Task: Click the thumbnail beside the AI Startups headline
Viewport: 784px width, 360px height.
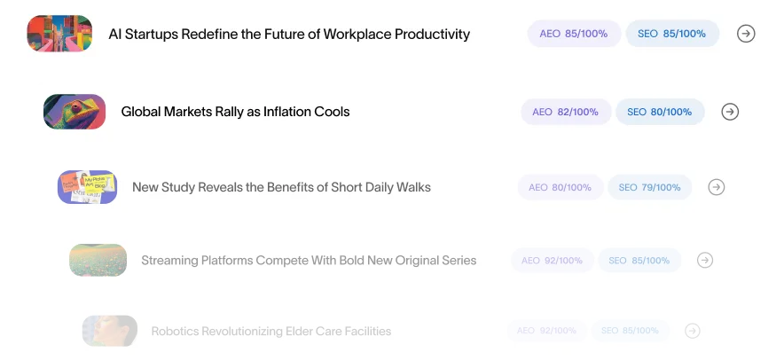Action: pos(59,35)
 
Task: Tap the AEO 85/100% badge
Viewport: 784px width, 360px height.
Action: pos(574,34)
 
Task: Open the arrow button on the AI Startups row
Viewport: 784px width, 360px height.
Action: pos(746,34)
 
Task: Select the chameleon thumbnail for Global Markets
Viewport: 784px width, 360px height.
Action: pos(74,112)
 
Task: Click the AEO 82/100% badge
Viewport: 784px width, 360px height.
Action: pos(566,112)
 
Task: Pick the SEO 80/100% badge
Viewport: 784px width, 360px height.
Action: pos(660,112)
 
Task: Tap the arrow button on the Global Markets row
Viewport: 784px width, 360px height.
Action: pos(730,112)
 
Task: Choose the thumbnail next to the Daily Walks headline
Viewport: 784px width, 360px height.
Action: pos(88,187)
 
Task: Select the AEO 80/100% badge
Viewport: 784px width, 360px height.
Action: pos(561,187)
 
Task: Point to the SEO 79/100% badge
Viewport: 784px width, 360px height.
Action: pos(649,187)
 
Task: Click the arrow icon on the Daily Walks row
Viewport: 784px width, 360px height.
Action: pos(717,187)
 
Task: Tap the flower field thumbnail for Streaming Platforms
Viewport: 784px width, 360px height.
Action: pos(98,260)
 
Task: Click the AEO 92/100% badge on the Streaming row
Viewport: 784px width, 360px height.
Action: pos(552,260)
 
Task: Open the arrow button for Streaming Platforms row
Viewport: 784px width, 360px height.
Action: pos(705,260)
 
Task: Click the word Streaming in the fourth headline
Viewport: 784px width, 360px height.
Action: pos(170,260)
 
